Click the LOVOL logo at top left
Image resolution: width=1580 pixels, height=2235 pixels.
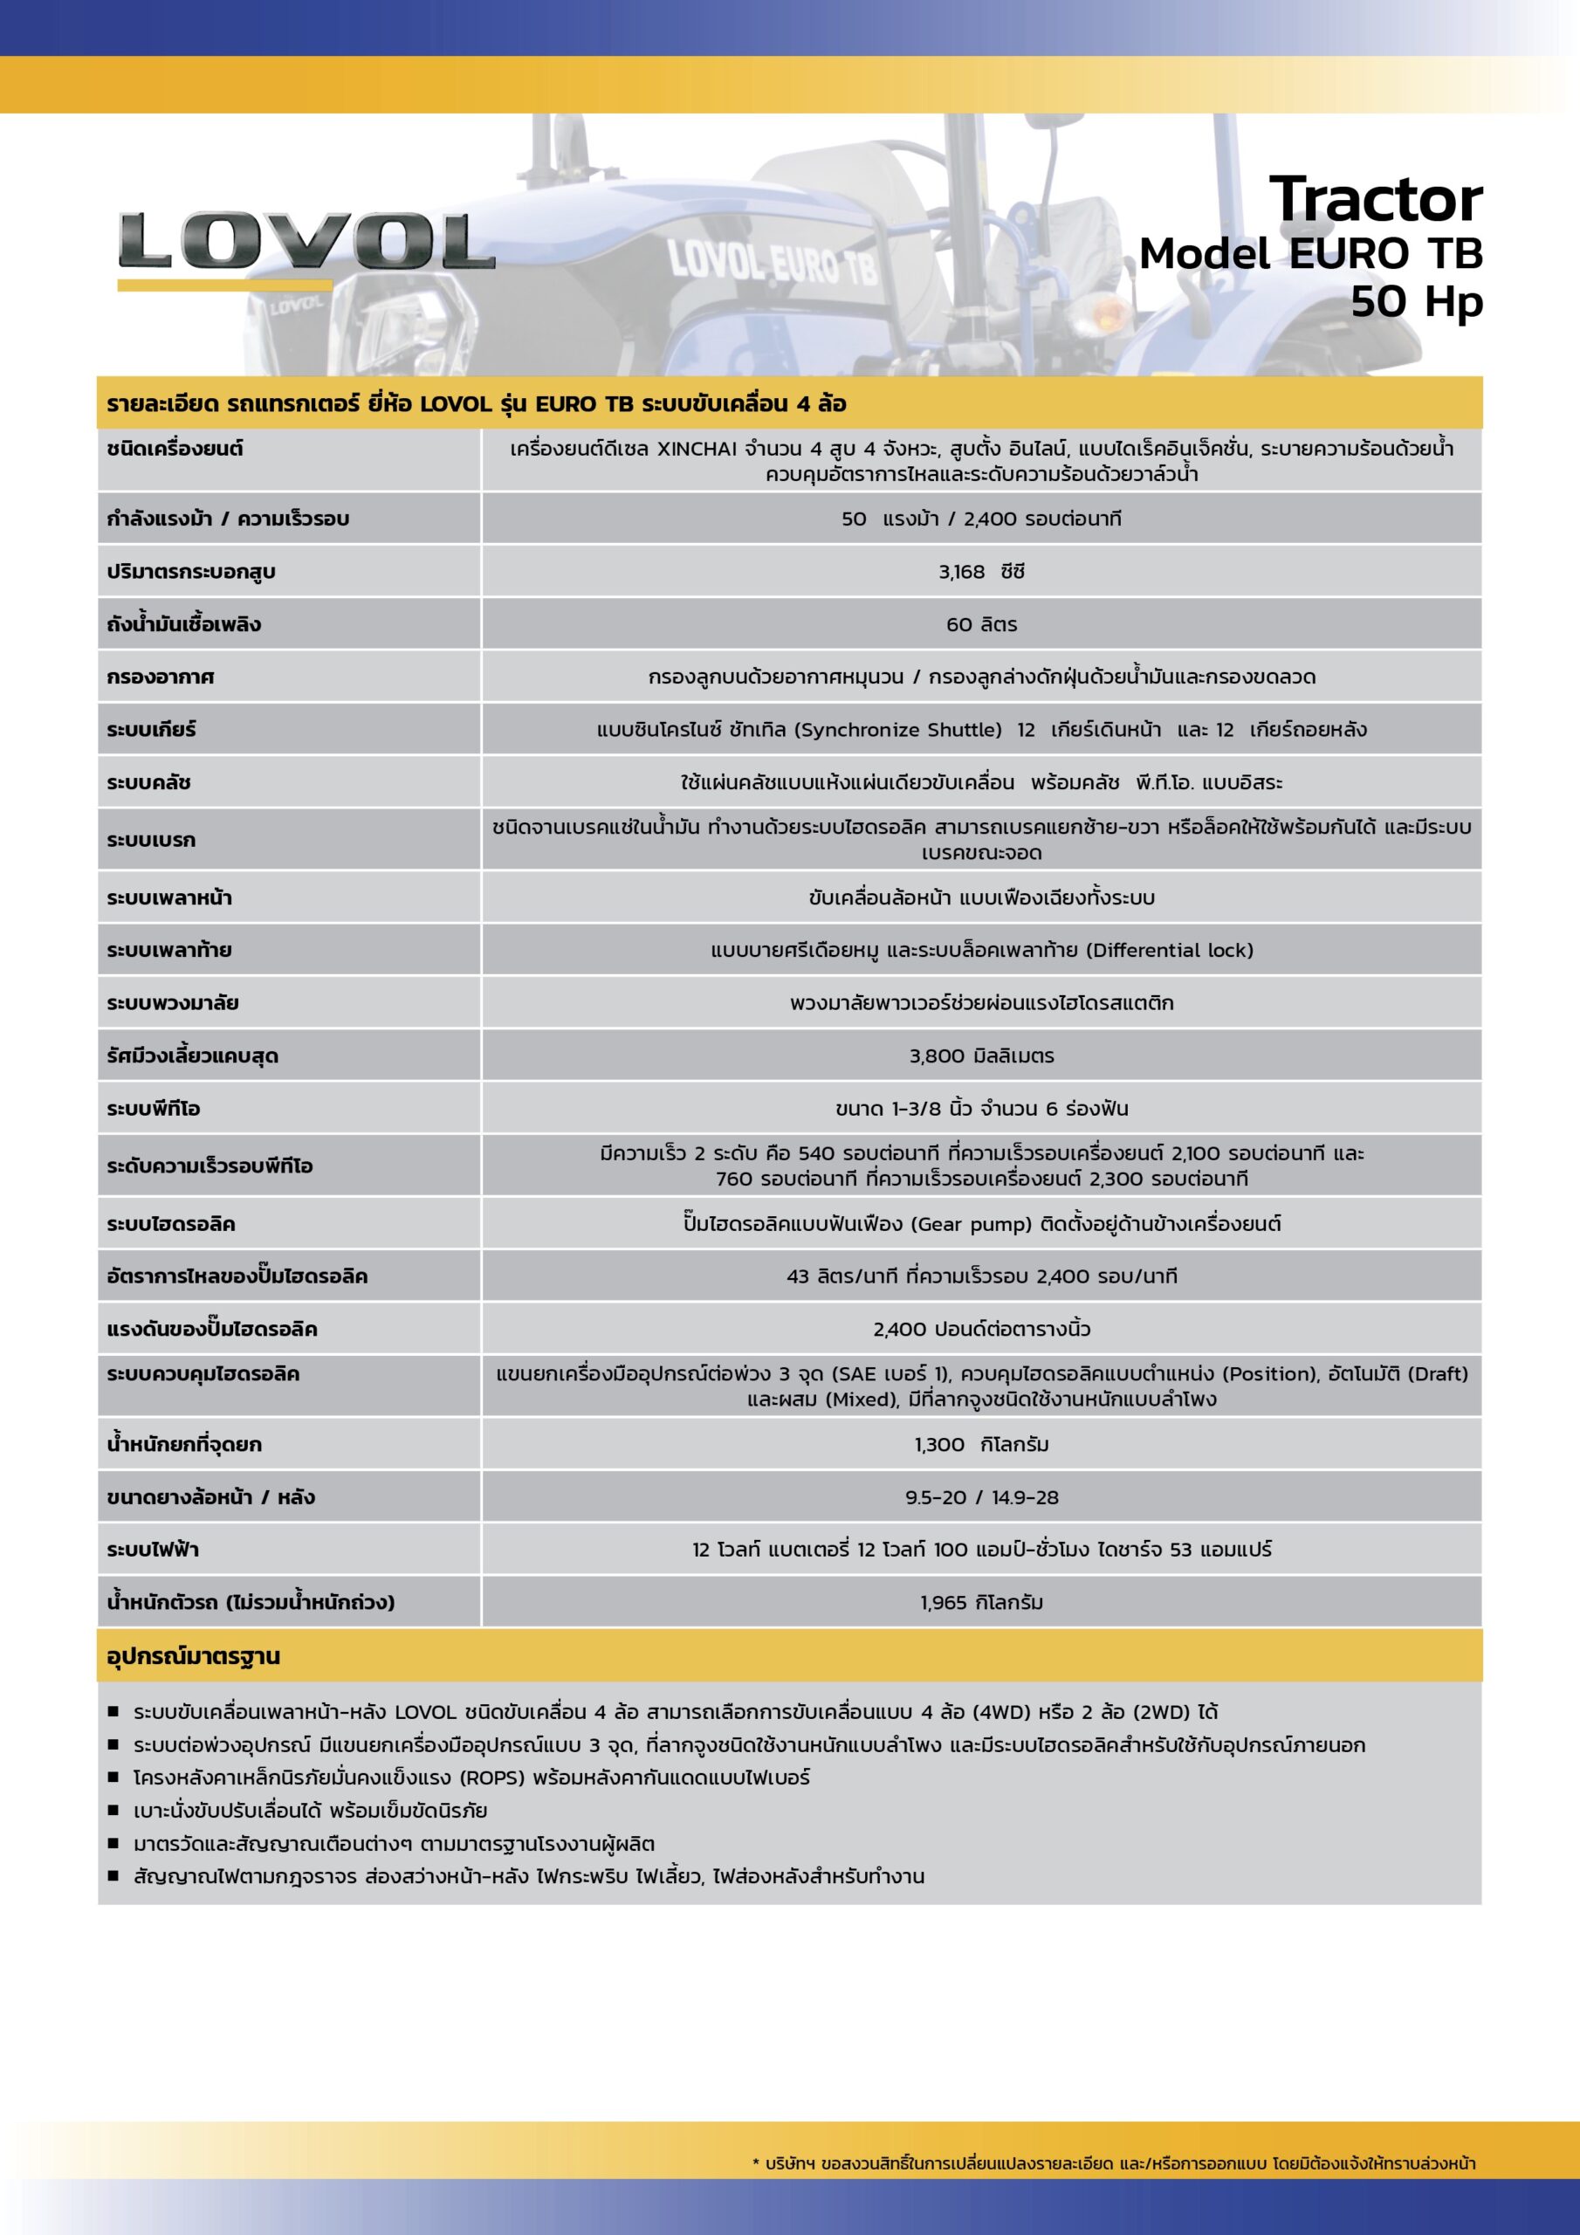(x=306, y=243)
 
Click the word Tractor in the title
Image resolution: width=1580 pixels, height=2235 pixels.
(x=1376, y=200)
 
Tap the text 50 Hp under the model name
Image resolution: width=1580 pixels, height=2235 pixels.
(x=1417, y=301)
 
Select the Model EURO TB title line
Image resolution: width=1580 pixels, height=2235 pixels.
(x=1310, y=254)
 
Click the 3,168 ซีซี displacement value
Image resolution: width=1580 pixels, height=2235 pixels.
(x=981, y=573)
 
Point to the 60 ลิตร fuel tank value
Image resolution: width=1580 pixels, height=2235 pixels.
(x=981, y=625)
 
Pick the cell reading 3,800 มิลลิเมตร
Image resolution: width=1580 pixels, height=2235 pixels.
(x=981, y=1056)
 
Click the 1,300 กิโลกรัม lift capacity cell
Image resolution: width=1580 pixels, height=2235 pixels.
(x=981, y=1445)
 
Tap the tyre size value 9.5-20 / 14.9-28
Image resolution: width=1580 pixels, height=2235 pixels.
(x=981, y=1497)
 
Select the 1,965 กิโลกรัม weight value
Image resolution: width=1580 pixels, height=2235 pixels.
(x=981, y=1602)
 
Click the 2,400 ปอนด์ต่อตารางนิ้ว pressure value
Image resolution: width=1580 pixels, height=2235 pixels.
(x=981, y=1330)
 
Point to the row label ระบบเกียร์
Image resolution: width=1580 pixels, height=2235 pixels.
(x=152, y=730)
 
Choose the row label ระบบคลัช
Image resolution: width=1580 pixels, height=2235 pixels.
(x=149, y=782)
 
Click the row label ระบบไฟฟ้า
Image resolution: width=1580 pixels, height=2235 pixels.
(x=153, y=1550)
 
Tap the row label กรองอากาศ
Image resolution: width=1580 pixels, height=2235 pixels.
(x=161, y=677)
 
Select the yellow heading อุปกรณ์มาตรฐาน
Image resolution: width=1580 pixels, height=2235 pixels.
(x=194, y=1657)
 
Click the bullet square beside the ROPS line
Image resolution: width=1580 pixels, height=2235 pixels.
(x=113, y=1778)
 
